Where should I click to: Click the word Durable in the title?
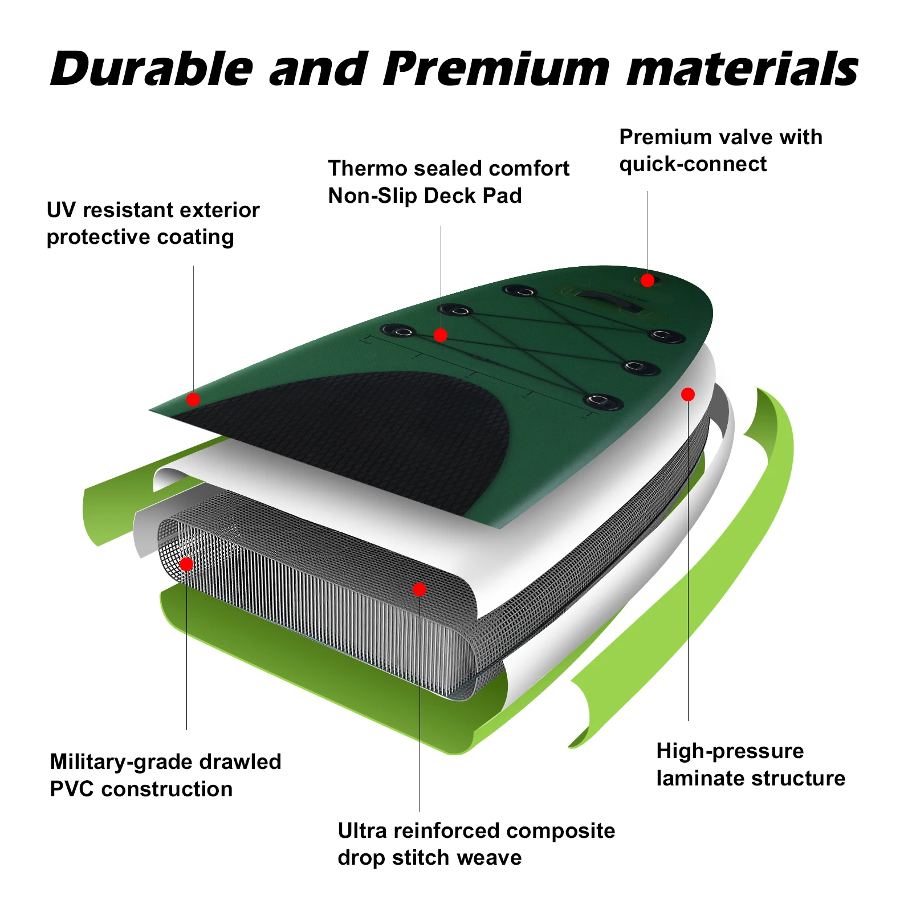click(152, 70)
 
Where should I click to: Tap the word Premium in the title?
click(496, 70)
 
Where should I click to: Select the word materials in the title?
click(742, 70)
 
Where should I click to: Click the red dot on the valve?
click(647, 280)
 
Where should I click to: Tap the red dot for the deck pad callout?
click(440, 335)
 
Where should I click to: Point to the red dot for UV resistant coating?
click(193, 399)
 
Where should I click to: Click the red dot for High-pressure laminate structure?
click(688, 394)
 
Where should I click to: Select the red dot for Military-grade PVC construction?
click(186, 564)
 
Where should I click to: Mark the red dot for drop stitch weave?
click(420, 589)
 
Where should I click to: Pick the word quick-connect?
click(693, 164)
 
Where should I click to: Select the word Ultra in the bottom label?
click(363, 831)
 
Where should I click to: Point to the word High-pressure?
click(730, 751)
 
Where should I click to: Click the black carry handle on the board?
click(610, 300)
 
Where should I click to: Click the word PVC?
click(72, 789)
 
